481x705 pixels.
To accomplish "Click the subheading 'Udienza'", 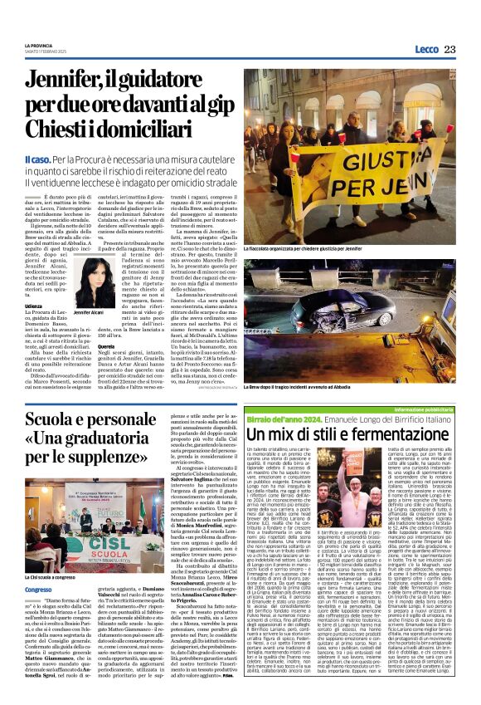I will [x=35, y=305].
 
